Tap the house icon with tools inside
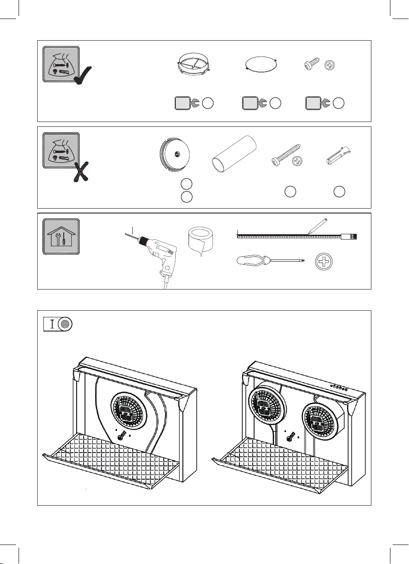(61, 236)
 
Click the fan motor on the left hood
(128, 408)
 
